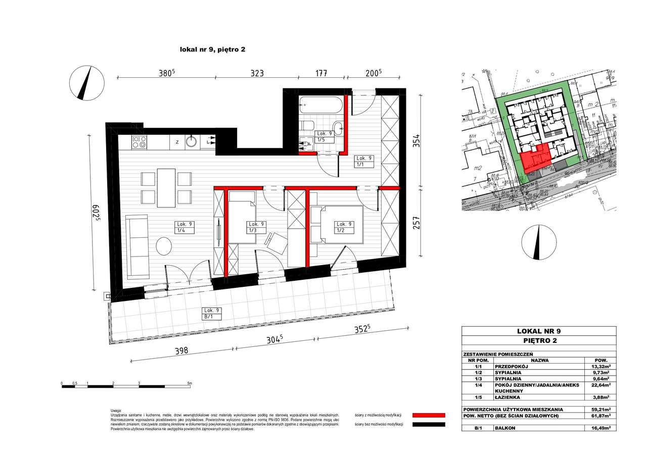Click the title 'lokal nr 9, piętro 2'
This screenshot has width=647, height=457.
pyautogui.click(x=212, y=49)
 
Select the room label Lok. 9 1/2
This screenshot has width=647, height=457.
pyautogui.click(x=344, y=227)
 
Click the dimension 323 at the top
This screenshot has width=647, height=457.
pyautogui.click(x=257, y=73)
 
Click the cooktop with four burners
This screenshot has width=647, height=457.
pyautogui.click(x=139, y=142)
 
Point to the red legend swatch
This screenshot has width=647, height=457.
pyautogui.click(x=429, y=415)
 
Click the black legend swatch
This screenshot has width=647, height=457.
pyautogui.click(x=429, y=425)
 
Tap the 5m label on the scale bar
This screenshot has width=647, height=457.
pyautogui.click(x=189, y=384)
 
